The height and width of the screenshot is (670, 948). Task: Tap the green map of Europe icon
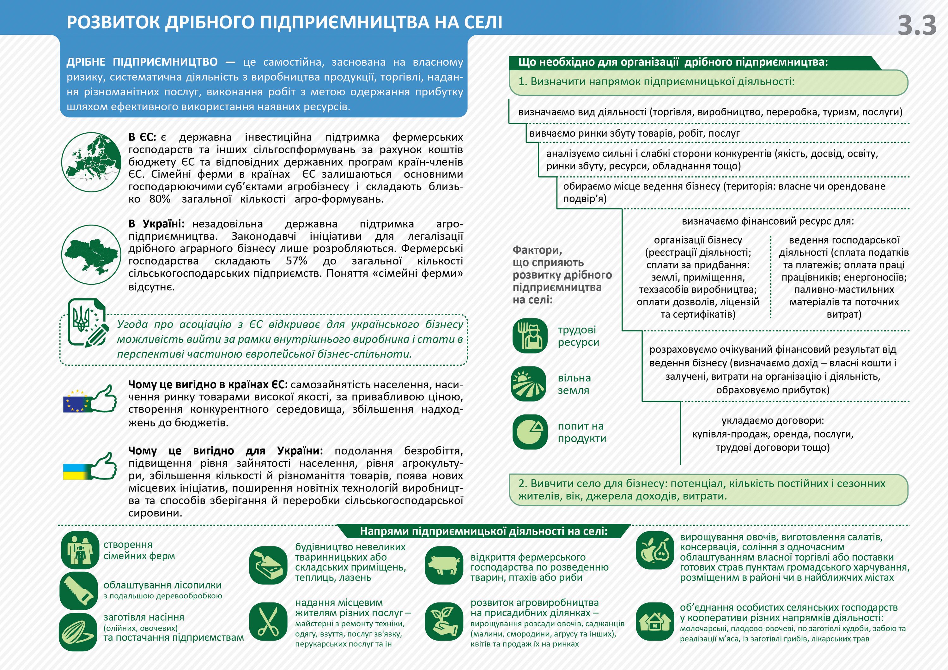point(91,162)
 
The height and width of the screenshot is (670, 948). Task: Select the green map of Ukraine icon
point(91,254)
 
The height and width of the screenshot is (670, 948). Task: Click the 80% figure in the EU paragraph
point(160,199)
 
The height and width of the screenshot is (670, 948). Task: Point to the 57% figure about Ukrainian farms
point(296,261)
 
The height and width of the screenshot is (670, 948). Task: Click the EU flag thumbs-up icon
point(90,400)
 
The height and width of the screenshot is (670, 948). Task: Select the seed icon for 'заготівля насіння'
point(78,631)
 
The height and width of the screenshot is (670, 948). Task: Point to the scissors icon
point(268,622)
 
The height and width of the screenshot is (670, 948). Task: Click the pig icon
point(444,565)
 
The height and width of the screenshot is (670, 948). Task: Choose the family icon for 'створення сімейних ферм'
point(80,550)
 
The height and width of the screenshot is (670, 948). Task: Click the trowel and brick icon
point(268,565)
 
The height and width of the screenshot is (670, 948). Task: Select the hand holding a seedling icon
point(444,622)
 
